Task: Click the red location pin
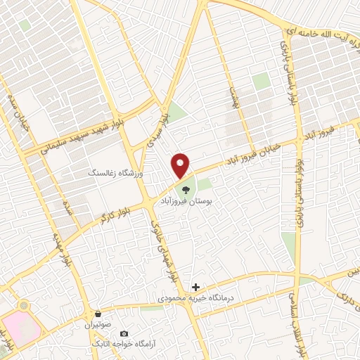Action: (182, 166)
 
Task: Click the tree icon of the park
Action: (185, 188)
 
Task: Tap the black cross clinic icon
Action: (196, 288)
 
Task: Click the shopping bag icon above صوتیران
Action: (99, 314)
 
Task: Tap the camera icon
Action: (124, 333)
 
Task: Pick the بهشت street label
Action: (234, 96)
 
